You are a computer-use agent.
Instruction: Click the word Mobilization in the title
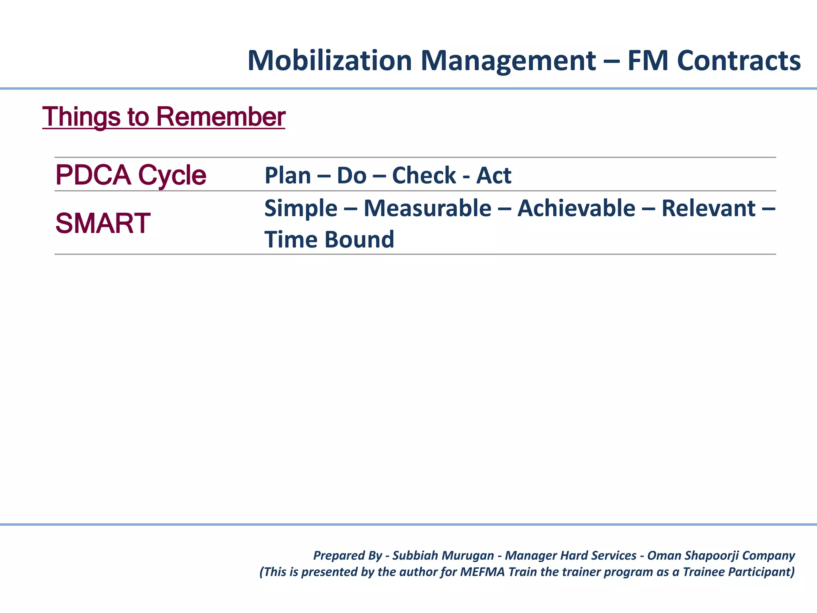[330, 61]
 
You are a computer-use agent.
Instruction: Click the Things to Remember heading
[164, 117]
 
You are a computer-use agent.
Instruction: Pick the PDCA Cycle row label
[130, 175]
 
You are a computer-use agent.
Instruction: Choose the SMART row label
[103, 223]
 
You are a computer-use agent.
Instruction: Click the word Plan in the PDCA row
[288, 176]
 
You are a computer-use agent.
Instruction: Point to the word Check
[424, 176]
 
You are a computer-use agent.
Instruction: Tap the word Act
[493, 176]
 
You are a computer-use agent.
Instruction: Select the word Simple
[301, 208]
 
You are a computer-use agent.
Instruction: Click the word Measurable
[427, 208]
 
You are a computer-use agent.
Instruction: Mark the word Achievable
[576, 208]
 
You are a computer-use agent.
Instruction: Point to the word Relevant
[708, 208]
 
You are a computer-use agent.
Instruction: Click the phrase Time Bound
[329, 239]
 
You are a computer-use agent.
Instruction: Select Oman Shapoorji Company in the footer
[721, 556]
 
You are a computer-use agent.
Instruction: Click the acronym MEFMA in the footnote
[482, 572]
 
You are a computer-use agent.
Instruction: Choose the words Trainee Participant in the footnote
[738, 572]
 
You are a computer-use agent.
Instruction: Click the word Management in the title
[508, 61]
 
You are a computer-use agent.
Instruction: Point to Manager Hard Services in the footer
[570, 556]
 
